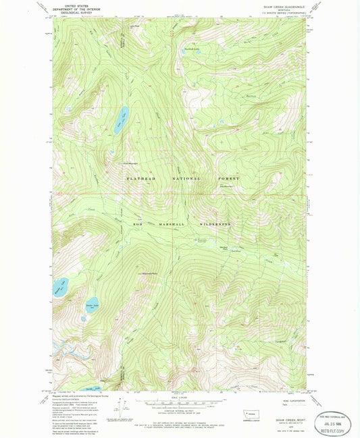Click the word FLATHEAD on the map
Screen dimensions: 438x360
[140, 178]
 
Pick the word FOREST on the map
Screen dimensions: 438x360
[228, 178]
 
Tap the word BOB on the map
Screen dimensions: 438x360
[138, 223]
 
